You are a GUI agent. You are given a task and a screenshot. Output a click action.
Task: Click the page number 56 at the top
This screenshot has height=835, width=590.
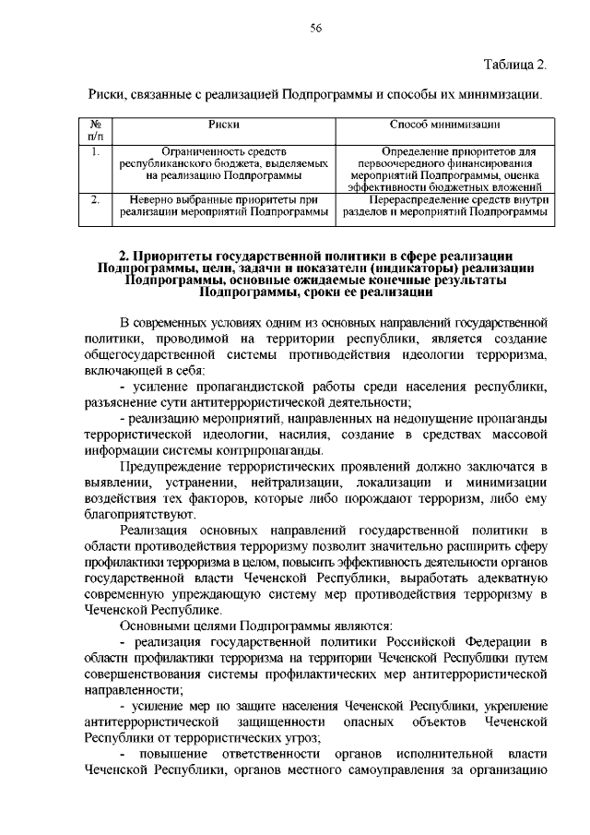(x=314, y=30)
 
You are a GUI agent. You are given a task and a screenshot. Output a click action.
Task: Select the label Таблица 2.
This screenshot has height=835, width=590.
(x=516, y=64)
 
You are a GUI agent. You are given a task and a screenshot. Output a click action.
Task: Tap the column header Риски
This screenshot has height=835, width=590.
(x=224, y=124)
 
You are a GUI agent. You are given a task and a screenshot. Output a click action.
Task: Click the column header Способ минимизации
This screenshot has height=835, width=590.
(x=445, y=124)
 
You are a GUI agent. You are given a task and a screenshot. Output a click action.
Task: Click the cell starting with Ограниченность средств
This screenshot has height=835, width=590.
(x=224, y=162)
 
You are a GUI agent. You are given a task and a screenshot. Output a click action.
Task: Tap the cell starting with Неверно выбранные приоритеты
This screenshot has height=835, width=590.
(x=224, y=205)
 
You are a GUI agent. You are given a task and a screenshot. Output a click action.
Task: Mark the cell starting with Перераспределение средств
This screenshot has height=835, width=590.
(x=445, y=205)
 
